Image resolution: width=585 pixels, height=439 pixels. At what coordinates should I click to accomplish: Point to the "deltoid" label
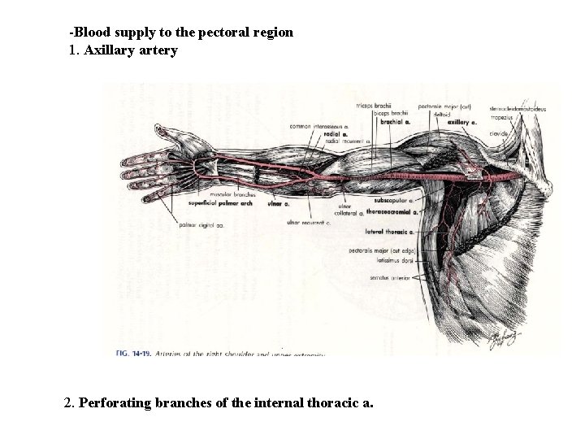442,115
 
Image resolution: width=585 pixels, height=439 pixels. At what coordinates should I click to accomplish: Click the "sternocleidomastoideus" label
518,107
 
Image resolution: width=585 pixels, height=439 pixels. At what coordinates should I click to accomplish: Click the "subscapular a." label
392,199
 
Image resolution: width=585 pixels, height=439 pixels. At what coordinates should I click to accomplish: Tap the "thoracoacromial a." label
392,211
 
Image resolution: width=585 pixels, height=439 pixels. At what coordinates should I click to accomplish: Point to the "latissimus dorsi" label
395,262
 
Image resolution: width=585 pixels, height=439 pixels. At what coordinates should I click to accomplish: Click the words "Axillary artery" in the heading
131,50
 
